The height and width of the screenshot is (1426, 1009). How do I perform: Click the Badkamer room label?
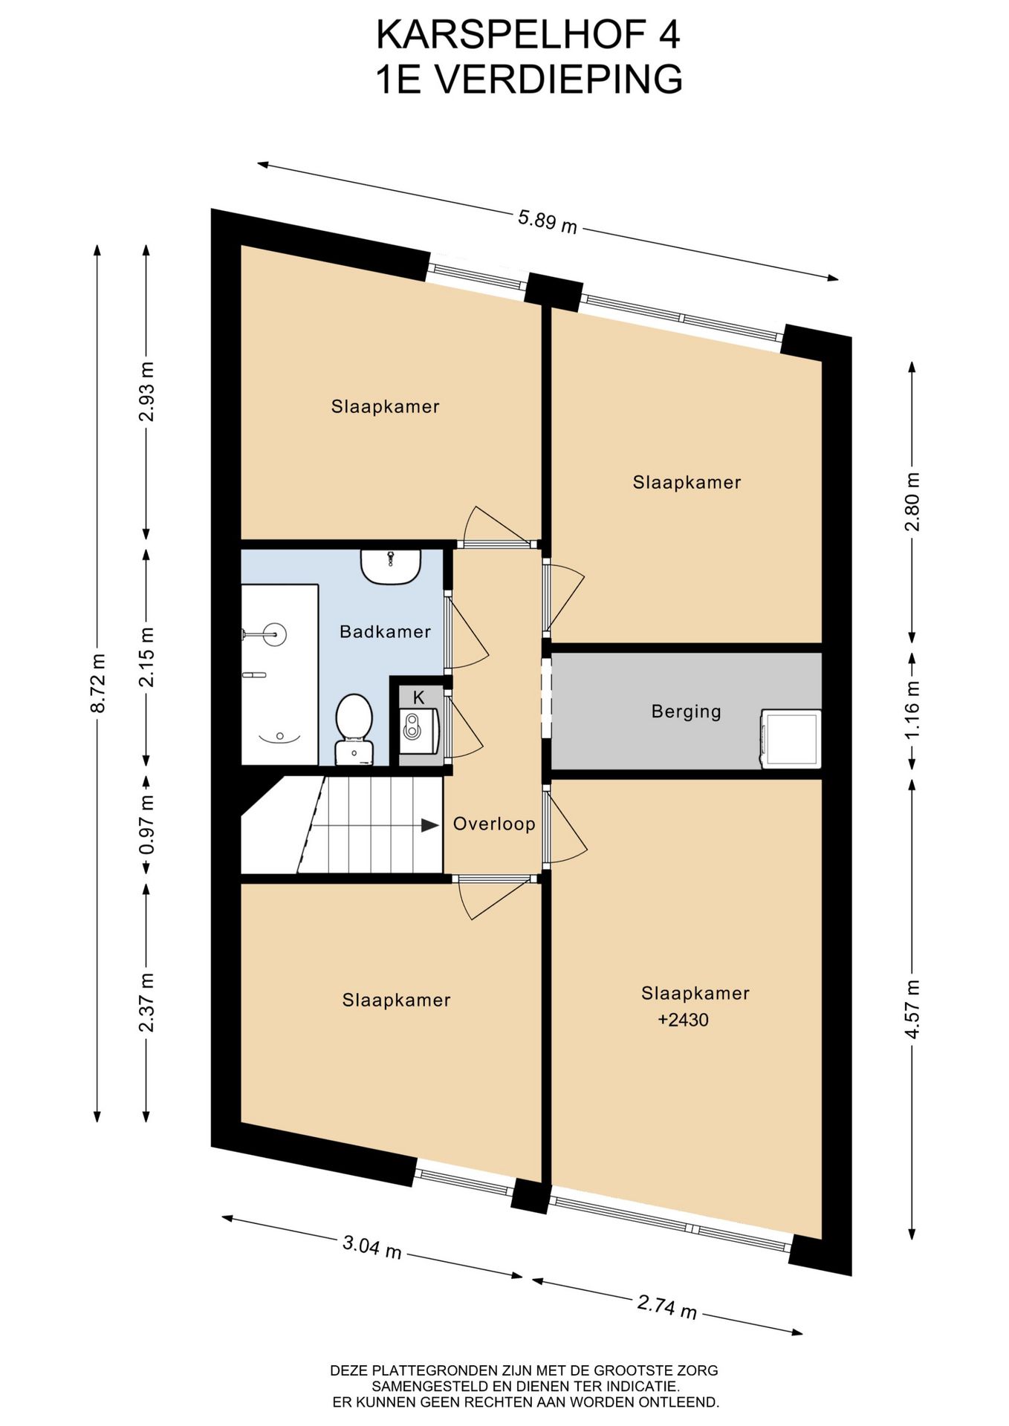coord(385,632)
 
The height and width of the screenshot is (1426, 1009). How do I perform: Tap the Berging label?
coord(686,712)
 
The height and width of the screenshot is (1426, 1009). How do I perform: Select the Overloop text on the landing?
coord(494,824)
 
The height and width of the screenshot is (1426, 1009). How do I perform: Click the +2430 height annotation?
coord(683,1020)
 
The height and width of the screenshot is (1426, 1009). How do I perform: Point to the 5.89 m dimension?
coord(548,221)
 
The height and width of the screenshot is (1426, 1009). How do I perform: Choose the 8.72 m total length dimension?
coord(97,683)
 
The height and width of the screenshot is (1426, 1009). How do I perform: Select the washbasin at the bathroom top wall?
coord(391,567)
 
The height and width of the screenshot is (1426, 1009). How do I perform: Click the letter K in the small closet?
coord(418,697)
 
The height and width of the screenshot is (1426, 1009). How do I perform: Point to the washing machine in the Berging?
coord(790,738)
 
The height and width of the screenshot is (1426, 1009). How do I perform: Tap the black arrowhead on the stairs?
coord(429,825)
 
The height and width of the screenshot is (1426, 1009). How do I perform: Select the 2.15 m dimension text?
coord(147,657)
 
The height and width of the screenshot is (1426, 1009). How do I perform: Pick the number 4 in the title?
coord(669,35)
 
